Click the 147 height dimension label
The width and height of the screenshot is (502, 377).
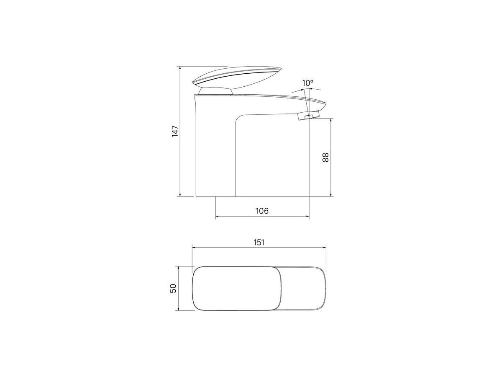(x=175, y=131)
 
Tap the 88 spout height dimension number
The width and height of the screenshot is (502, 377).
(x=325, y=157)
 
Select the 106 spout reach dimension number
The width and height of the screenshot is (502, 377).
(x=262, y=211)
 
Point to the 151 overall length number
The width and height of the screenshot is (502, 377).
(x=259, y=243)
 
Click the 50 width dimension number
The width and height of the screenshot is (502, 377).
(x=173, y=288)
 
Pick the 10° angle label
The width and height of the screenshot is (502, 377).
(x=307, y=83)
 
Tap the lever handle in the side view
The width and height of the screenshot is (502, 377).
(x=237, y=77)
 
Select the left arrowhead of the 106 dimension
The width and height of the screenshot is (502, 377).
(x=218, y=216)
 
